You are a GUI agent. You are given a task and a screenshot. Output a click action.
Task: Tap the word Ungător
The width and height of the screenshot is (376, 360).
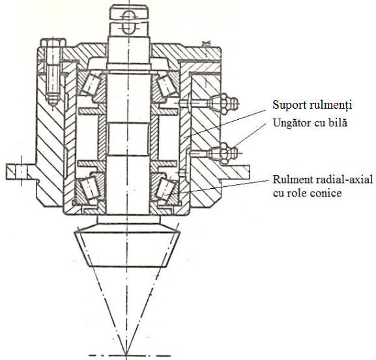(x=291, y=123)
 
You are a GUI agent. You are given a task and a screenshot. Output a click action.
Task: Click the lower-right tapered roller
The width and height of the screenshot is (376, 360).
(x=166, y=188)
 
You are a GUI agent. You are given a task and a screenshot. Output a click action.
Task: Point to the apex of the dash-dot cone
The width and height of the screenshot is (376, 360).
(x=126, y=354)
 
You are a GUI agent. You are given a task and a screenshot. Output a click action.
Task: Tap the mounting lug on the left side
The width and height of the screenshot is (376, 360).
(x=21, y=172)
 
